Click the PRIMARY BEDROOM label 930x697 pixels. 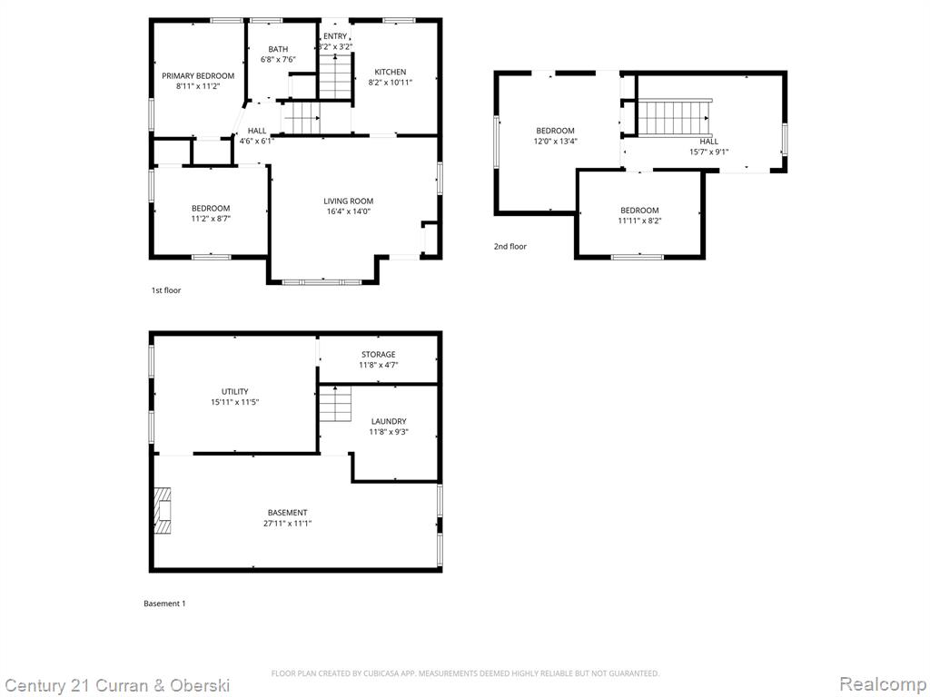(198, 76)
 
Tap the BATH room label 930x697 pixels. (278, 49)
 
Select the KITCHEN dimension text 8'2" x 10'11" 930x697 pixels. (391, 83)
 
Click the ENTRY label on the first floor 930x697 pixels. (335, 36)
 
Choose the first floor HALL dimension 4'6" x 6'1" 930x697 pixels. (257, 141)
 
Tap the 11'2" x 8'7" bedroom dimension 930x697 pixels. (211, 219)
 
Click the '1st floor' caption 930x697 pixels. (166, 290)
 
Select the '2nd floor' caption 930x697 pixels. (510, 247)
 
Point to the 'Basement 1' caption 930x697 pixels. (165, 604)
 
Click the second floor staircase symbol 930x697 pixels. (673, 117)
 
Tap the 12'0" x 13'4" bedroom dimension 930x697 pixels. (555, 141)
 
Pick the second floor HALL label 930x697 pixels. (708, 141)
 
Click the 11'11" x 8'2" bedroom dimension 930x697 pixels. (639, 221)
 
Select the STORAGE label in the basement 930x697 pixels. (379, 355)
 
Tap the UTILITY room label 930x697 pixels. (235, 392)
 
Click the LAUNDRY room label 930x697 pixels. (389, 421)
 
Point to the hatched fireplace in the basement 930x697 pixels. (163, 511)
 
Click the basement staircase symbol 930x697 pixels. (335, 404)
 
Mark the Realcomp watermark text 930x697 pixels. (883, 684)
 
